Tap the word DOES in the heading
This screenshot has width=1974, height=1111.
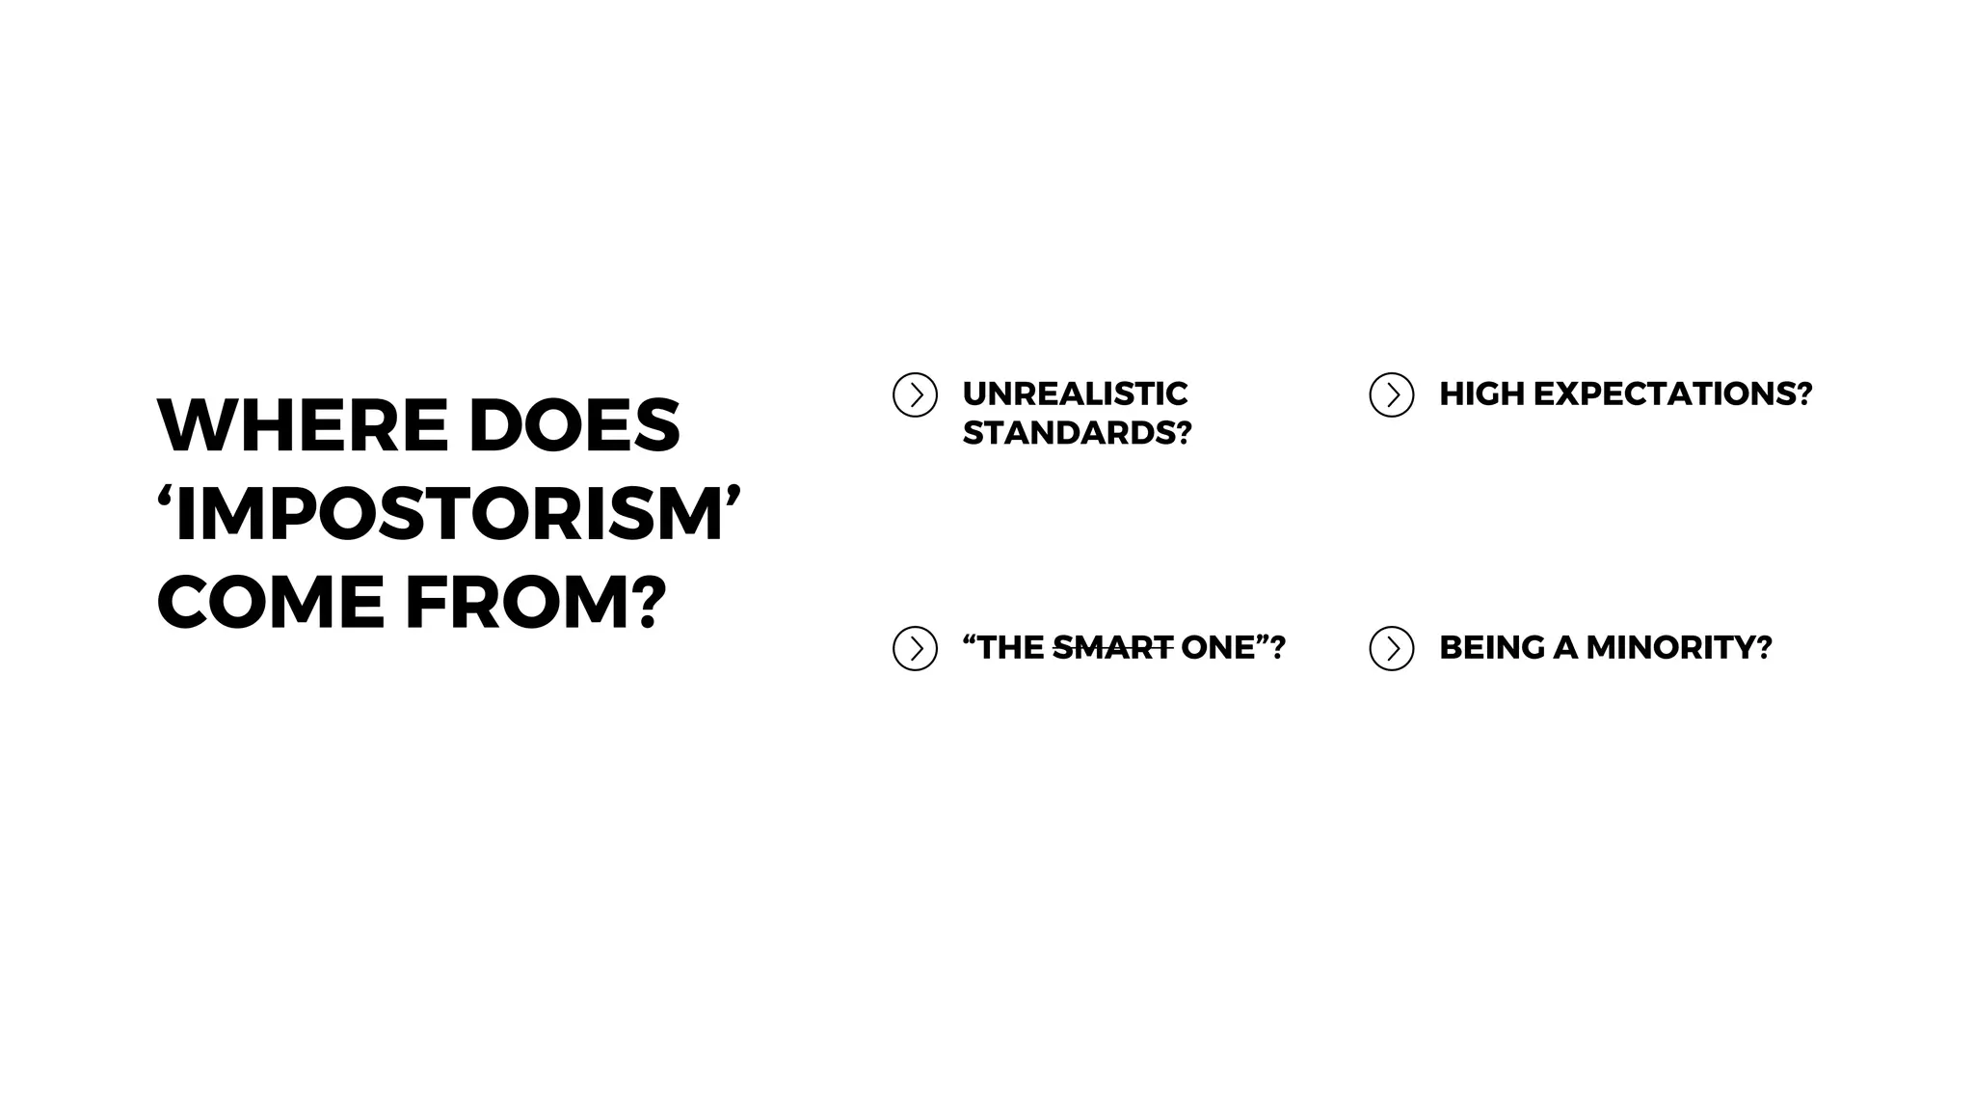tap(574, 425)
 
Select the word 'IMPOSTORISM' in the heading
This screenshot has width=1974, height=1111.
tap(449, 514)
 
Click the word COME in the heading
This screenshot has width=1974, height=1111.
tap(271, 603)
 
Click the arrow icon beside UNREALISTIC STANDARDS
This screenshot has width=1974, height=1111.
tap(915, 394)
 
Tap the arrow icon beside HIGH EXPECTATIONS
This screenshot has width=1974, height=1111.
tap(1391, 394)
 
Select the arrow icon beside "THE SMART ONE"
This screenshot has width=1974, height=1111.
tap(915, 648)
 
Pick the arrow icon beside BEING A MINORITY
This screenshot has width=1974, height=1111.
tap(1391, 648)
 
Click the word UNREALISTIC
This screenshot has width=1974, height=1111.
tap(1075, 393)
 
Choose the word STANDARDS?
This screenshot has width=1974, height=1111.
tap(1077, 433)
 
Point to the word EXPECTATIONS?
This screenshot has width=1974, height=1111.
tap(1672, 393)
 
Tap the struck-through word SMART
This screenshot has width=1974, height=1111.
tap(1112, 647)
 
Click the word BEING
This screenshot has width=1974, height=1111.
tap(1492, 647)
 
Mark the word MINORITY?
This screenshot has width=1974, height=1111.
tap(1678, 647)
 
